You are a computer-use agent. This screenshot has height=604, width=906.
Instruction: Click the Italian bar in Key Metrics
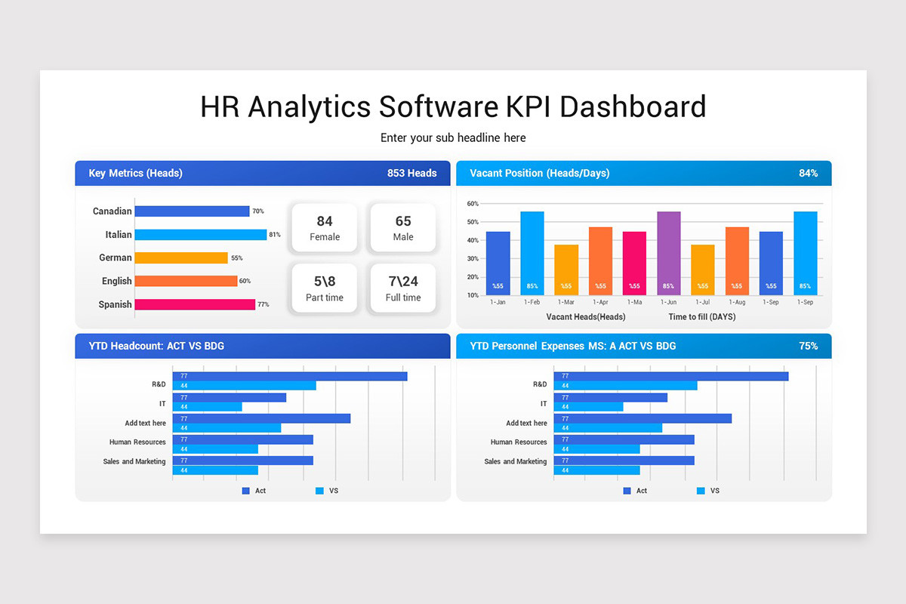[x=200, y=235]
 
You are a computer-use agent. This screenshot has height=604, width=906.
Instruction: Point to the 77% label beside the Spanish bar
[x=263, y=305]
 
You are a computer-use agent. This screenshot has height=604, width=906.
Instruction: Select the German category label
[x=116, y=258]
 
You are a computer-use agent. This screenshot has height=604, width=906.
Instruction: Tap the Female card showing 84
[x=325, y=227]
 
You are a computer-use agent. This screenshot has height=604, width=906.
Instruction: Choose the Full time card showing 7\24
[x=403, y=288]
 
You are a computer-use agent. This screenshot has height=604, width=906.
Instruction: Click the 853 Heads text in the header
[x=411, y=174]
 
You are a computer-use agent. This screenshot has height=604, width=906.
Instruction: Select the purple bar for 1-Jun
[x=668, y=253]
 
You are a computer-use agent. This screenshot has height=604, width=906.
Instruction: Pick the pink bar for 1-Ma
[x=634, y=263]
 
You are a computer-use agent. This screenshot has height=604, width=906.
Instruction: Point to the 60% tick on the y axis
[x=473, y=204]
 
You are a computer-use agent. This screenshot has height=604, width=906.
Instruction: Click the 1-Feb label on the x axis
[x=532, y=302]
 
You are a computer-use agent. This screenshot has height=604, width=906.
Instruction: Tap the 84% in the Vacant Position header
[x=808, y=174]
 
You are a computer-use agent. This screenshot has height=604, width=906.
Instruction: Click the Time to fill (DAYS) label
[x=701, y=317]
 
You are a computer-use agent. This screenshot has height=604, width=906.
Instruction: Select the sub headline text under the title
[x=453, y=138]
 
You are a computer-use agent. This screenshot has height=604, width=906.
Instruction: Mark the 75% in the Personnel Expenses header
[x=808, y=347]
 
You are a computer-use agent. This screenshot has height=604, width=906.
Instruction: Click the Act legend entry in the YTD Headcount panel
[x=254, y=491]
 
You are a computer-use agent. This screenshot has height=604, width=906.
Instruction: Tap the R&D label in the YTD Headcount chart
[x=159, y=384]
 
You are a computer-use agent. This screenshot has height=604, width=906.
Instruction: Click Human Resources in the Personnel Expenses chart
[x=518, y=442]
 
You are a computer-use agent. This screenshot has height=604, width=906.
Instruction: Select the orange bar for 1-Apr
[x=600, y=260]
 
